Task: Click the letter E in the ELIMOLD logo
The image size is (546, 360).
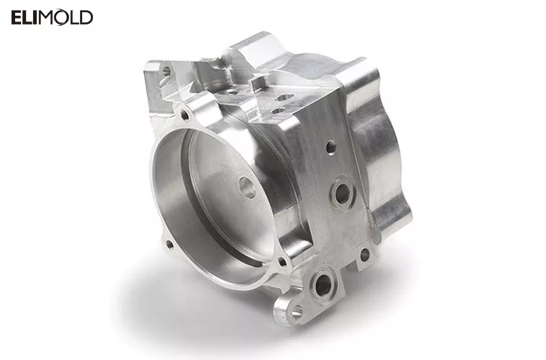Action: [x=17, y=17]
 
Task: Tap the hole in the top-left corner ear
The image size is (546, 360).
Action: [x=166, y=71]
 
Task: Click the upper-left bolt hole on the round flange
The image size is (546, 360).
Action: [x=185, y=114]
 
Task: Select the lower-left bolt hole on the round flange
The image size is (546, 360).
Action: [x=170, y=243]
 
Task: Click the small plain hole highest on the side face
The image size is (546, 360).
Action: [x=331, y=147]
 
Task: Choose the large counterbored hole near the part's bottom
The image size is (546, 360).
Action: [x=323, y=285]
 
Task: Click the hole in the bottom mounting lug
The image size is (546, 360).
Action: [x=296, y=312]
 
